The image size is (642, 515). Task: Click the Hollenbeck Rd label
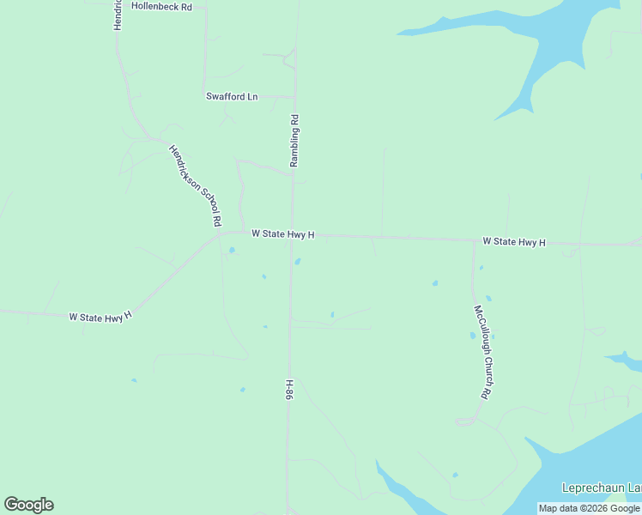coord(162,6)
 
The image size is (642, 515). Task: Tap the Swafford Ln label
coord(232,96)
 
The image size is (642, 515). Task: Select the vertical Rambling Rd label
coord(294,141)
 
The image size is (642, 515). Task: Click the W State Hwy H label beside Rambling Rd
coord(283,234)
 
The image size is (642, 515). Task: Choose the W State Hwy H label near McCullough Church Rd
coord(514,242)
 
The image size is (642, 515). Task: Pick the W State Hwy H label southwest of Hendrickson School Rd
coord(100,316)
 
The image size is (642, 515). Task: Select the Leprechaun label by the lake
coord(601,488)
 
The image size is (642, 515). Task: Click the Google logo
coord(28,504)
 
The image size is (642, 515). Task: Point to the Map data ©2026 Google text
coord(590,508)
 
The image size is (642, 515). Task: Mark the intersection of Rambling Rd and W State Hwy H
coord(293,233)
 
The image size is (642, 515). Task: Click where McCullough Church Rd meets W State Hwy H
coord(474,240)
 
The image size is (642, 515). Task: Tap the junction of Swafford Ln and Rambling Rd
coord(294,97)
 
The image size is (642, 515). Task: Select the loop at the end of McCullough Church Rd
coord(465,421)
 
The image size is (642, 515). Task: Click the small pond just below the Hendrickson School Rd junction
coord(231,251)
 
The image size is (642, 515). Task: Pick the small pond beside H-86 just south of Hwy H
coord(298,262)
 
